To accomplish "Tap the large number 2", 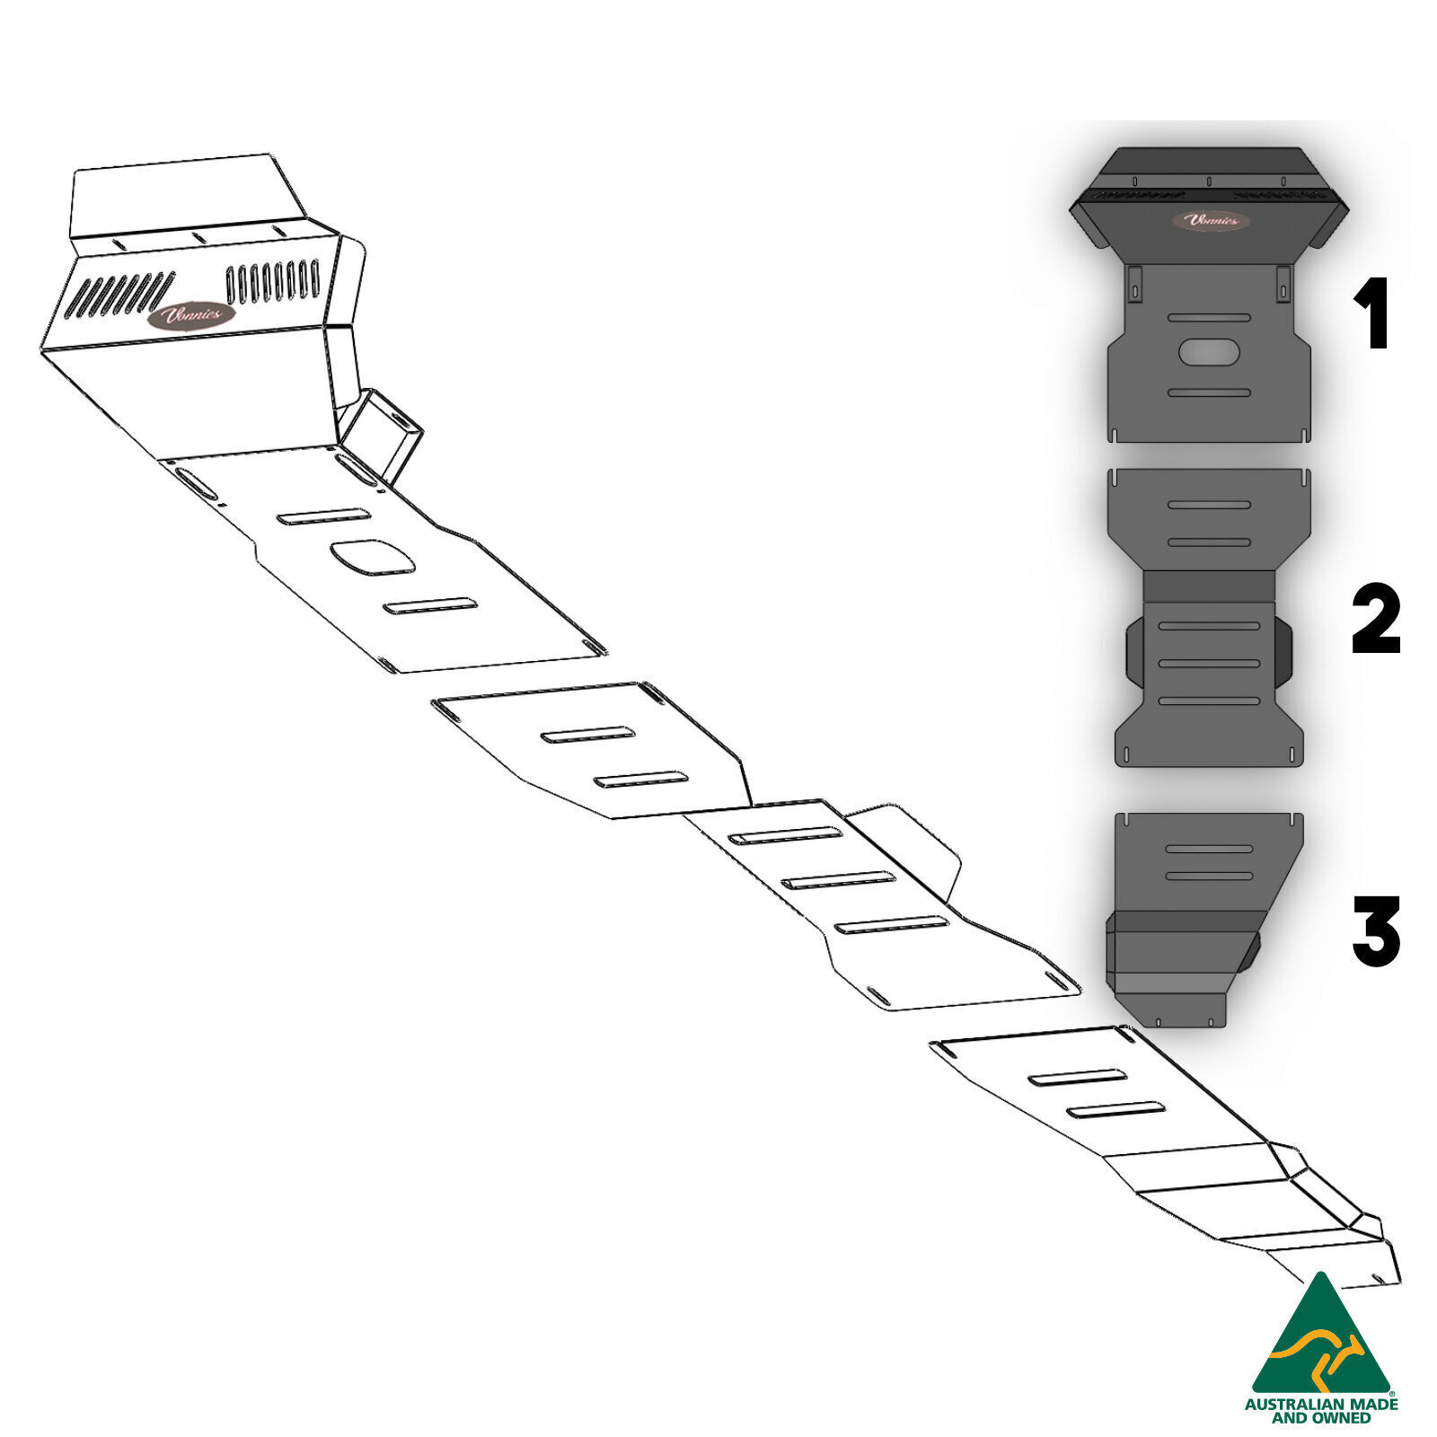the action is point(1376,620).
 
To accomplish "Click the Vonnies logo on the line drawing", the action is point(191,317).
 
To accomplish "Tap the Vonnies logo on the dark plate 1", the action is point(1210,220).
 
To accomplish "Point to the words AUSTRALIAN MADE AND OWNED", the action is point(1320,1410).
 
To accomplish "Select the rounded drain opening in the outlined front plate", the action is point(373,558).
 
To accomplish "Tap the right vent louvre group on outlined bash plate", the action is point(273,281).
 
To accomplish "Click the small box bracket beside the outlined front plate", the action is point(384,434).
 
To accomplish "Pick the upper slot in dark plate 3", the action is point(1208,849).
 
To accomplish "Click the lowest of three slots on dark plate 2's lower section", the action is point(1209,701).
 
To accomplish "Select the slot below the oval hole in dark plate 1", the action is point(1209,392).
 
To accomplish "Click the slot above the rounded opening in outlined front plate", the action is point(323,516).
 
